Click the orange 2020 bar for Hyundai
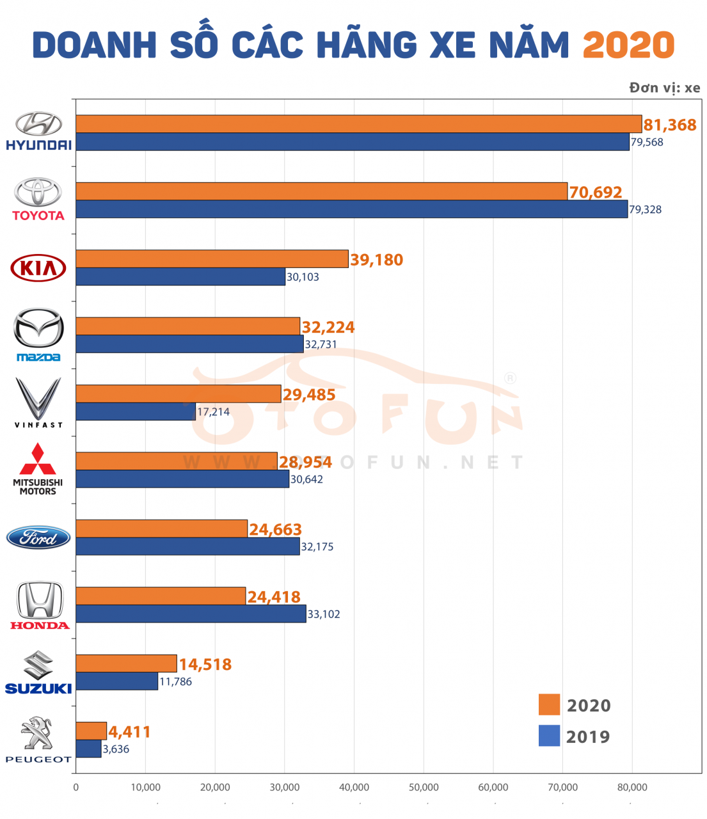pos(358,124)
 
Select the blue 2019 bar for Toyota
pos(351,209)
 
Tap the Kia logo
pos(38,267)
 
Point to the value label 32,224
pos(328,327)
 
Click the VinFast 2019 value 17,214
pos(213,412)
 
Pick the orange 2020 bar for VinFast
pos(178,394)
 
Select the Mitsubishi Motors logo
pos(38,469)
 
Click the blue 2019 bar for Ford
pos(187,546)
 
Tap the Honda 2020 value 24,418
pos(274,597)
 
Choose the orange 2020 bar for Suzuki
pos(126,664)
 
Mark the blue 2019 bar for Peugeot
pos(88,749)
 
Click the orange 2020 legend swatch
pos(549,704)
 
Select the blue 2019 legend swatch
pos(549,736)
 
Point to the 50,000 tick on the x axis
pos(424,787)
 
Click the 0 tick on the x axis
pos(76,787)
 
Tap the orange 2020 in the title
pos(628,45)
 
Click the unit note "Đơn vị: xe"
pos(664,88)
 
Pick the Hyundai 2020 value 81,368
pos(670,125)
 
